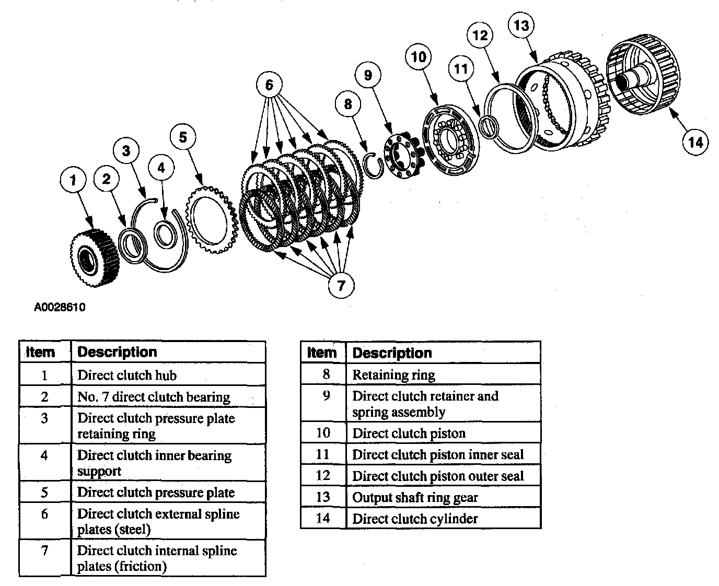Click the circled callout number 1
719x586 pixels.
coord(73,180)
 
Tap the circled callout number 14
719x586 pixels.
coord(695,142)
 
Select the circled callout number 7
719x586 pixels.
coord(341,285)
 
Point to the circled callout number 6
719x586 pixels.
coord(269,85)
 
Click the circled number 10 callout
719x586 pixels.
coord(419,57)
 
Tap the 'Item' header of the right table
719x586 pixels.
coord(322,353)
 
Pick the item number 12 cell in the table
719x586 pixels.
coord(323,476)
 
